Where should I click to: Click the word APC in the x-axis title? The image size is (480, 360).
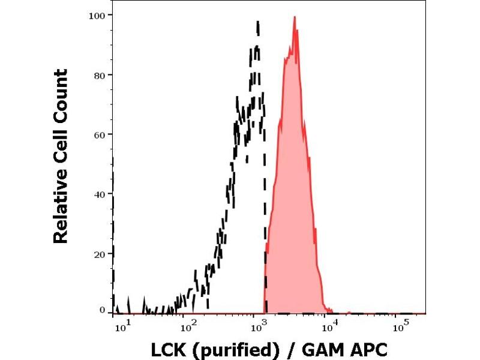364,349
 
